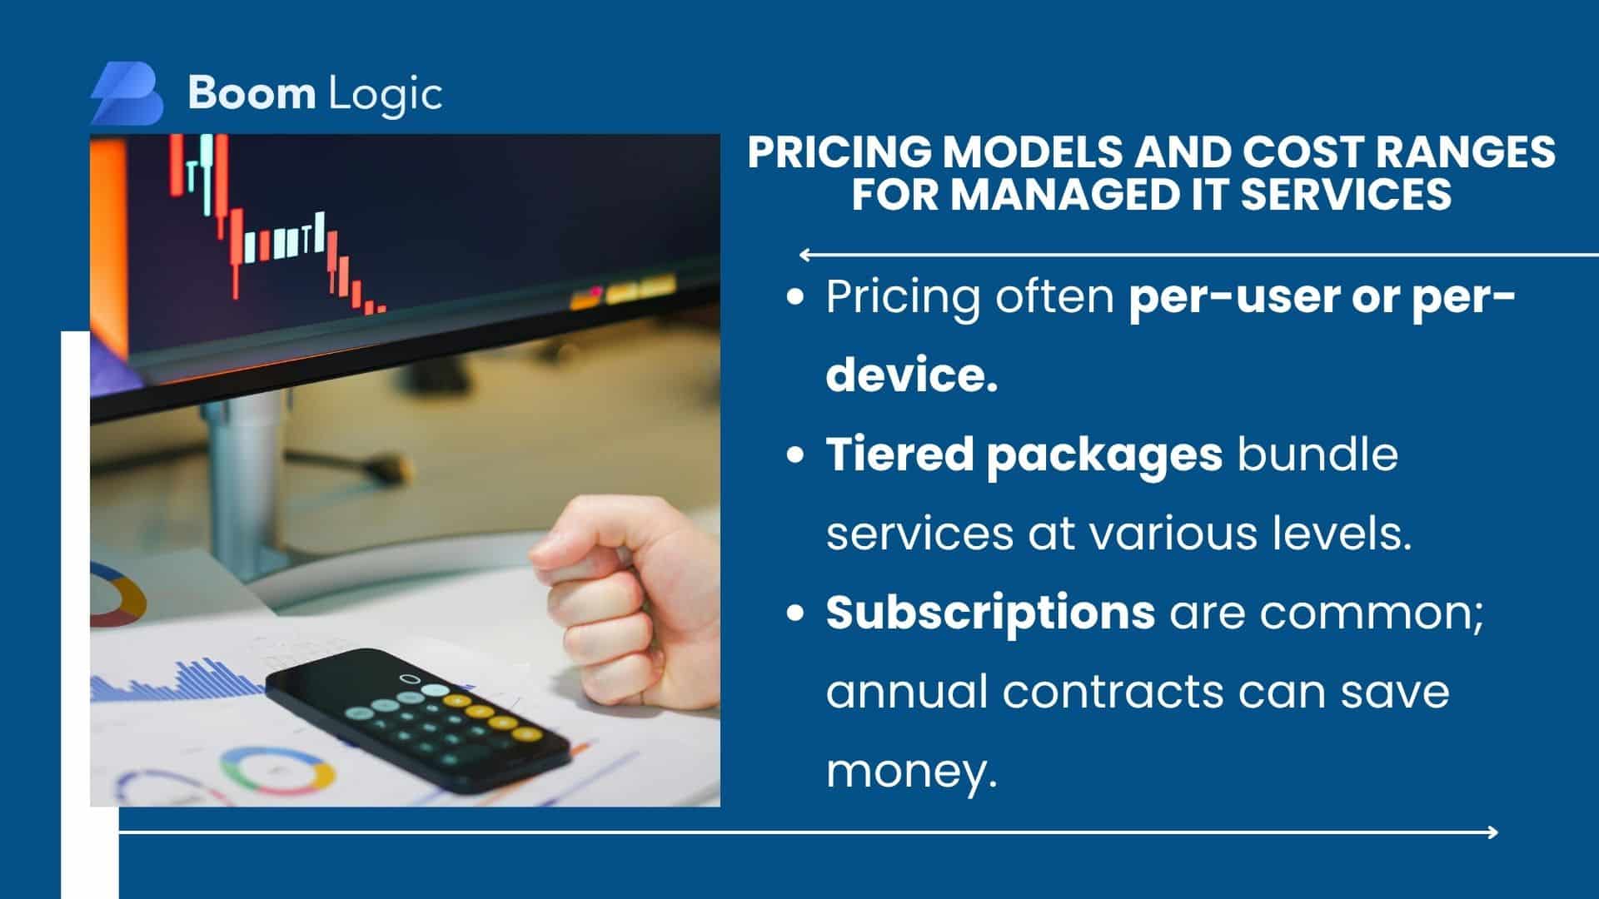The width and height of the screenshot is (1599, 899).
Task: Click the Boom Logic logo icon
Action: click(x=127, y=93)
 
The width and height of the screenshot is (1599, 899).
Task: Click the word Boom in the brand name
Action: click(x=251, y=93)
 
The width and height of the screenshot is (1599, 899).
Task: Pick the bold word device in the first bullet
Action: click(x=911, y=375)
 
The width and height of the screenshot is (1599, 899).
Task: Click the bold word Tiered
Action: click(x=899, y=454)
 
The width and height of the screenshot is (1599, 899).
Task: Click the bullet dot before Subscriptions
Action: click(x=797, y=613)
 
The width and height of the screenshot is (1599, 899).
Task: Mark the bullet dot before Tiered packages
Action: click(x=797, y=455)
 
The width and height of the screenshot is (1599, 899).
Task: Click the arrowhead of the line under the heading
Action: click(x=804, y=255)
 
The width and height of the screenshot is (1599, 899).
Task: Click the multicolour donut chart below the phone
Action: click(x=277, y=769)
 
